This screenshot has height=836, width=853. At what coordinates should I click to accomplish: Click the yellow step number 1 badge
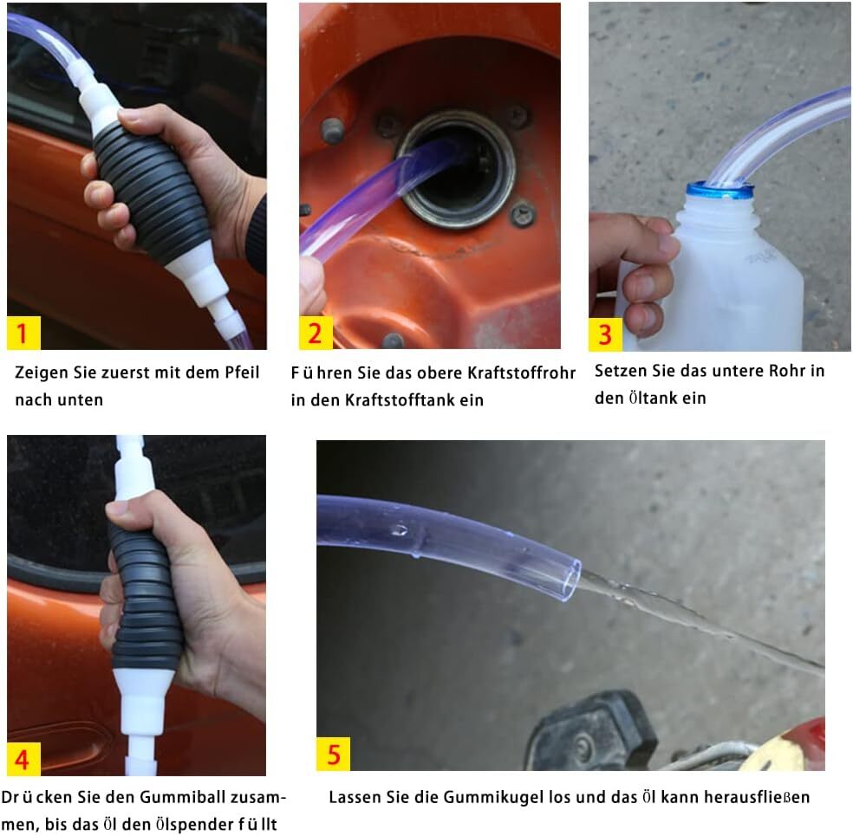[23, 332]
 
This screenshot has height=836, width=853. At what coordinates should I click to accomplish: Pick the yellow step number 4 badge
[23, 759]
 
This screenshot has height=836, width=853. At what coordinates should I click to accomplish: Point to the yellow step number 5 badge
[333, 753]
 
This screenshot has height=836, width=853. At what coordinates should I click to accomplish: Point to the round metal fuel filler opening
[456, 169]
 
